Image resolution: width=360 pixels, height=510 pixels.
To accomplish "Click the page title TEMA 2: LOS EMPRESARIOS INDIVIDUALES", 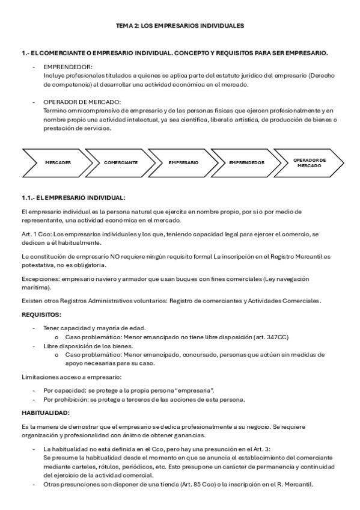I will [x=180, y=26].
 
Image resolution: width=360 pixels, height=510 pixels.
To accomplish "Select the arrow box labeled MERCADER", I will [x=58, y=162].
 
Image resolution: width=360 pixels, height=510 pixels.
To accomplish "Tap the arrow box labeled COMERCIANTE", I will [x=121, y=162].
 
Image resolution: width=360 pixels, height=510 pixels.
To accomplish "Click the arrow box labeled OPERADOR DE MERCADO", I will [x=309, y=162].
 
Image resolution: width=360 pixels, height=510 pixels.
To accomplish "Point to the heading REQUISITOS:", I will [x=41, y=315].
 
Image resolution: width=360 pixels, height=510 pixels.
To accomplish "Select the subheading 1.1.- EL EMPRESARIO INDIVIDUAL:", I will [x=73, y=197].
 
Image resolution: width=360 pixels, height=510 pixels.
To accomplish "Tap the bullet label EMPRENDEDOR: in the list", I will [x=68, y=67].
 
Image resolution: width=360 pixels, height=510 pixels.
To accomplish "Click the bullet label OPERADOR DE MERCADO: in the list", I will [x=82, y=102].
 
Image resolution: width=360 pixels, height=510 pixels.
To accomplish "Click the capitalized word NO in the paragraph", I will [x=114, y=257].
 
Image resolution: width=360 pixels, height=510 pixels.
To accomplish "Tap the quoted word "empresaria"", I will [x=192, y=390].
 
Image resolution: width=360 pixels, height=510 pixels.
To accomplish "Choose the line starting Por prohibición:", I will [x=141, y=400].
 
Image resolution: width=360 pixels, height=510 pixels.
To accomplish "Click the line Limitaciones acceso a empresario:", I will [x=71, y=377].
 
